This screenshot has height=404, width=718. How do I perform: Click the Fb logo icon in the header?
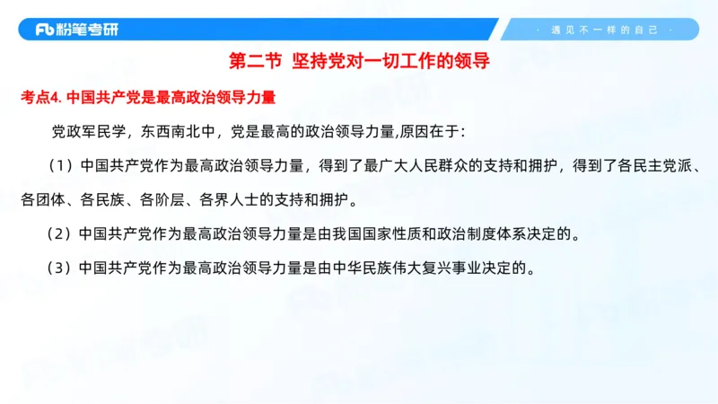[x=45, y=30]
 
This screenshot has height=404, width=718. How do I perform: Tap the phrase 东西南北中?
[x=180, y=132]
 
